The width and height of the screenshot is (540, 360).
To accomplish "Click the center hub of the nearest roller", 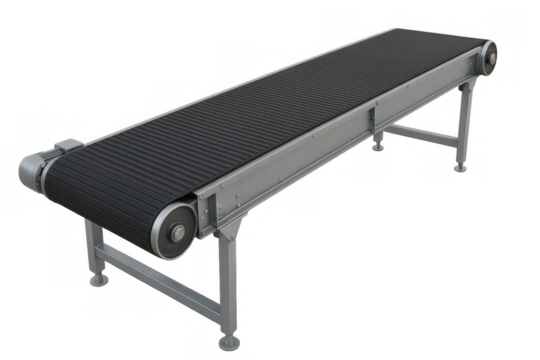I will [x=177, y=233].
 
